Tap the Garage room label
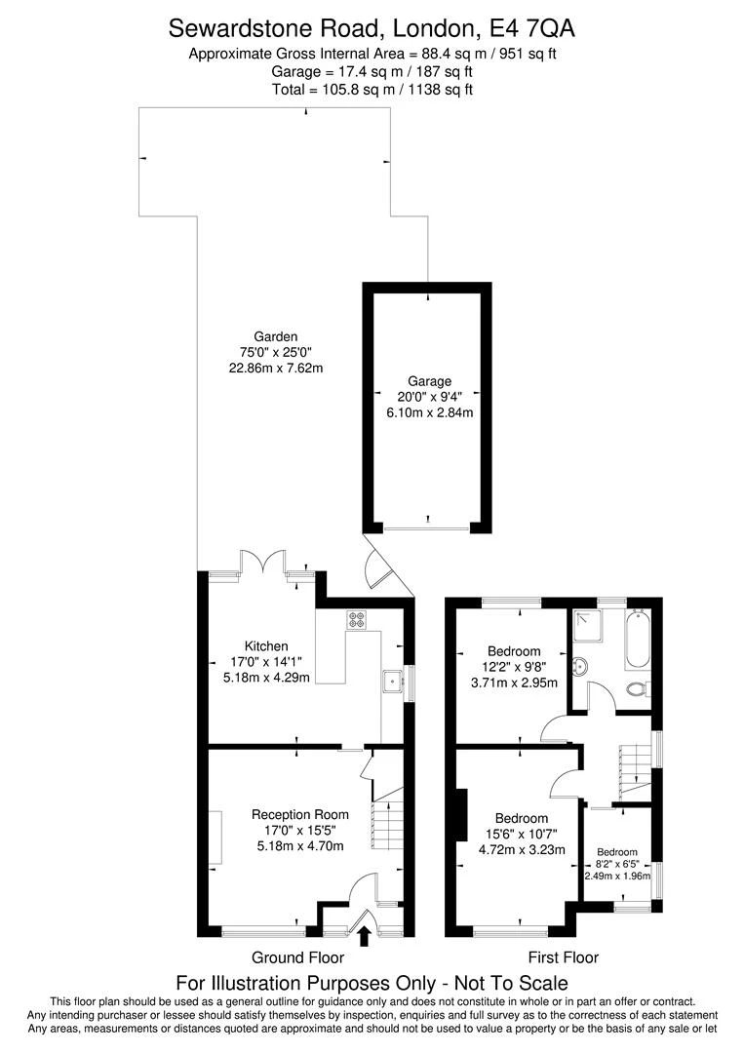429,381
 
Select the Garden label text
275,337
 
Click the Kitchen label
266,645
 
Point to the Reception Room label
299,814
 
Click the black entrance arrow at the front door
365,936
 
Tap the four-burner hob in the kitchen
355,617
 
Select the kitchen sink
393,681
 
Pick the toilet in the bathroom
637,689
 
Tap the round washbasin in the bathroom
578,666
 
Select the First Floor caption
563,957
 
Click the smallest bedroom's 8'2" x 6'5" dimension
615,864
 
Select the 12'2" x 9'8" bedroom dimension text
514,667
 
